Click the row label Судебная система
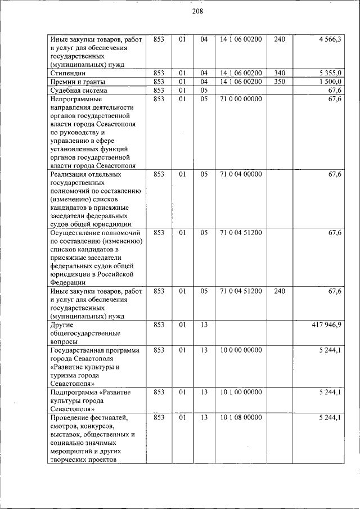[x=78, y=91]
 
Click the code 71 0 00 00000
[x=241, y=99]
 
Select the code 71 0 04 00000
[x=241, y=174]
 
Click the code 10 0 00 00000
[x=241, y=350]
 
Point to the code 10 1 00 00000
[x=241, y=392]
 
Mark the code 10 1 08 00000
[x=241, y=417]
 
